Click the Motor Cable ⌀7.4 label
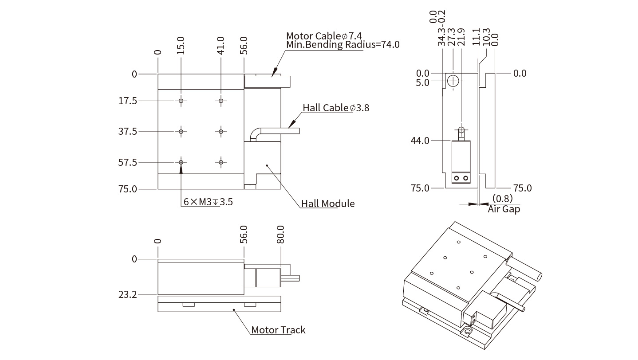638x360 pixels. click(x=324, y=36)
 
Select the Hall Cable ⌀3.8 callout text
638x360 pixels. click(x=336, y=108)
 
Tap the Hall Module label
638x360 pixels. click(x=328, y=203)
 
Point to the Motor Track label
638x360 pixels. click(x=278, y=330)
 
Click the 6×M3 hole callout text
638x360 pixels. click(x=208, y=202)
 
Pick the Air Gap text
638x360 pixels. click(x=504, y=209)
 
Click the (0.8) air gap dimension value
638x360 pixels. click(x=502, y=198)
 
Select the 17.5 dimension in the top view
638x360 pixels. click(x=128, y=101)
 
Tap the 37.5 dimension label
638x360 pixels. click(x=128, y=132)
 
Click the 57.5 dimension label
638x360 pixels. click(x=128, y=163)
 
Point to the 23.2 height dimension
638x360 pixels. click(x=128, y=294)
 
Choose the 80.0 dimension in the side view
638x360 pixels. click(x=280, y=235)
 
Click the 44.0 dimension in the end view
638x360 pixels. click(x=421, y=141)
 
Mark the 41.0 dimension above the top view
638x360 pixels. click(x=221, y=45)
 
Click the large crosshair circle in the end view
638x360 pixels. click(x=453, y=81)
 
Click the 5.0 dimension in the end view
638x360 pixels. click(x=423, y=82)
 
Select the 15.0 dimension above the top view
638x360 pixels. click(x=181, y=46)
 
